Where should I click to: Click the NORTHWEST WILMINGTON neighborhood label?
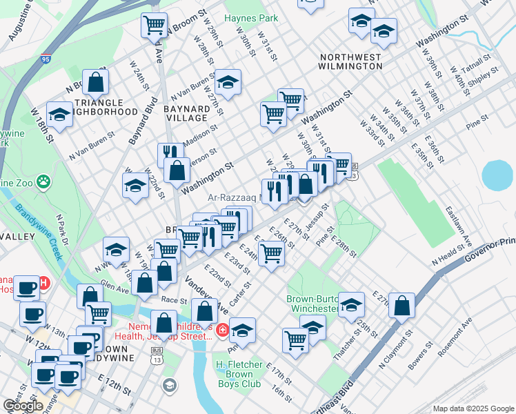click(x=350, y=61)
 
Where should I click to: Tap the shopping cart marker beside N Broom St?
click(x=154, y=26)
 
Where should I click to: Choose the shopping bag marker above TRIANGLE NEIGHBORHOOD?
click(x=96, y=82)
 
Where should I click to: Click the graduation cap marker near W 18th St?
click(x=60, y=115)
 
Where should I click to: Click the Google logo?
click(x=23, y=406)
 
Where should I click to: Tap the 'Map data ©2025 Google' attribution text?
click(x=473, y=408)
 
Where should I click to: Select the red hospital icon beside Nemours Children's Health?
click(x=223, y=331)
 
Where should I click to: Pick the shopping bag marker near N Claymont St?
click(x=401, y=306)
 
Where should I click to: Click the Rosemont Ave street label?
click(x=458, y=333)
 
